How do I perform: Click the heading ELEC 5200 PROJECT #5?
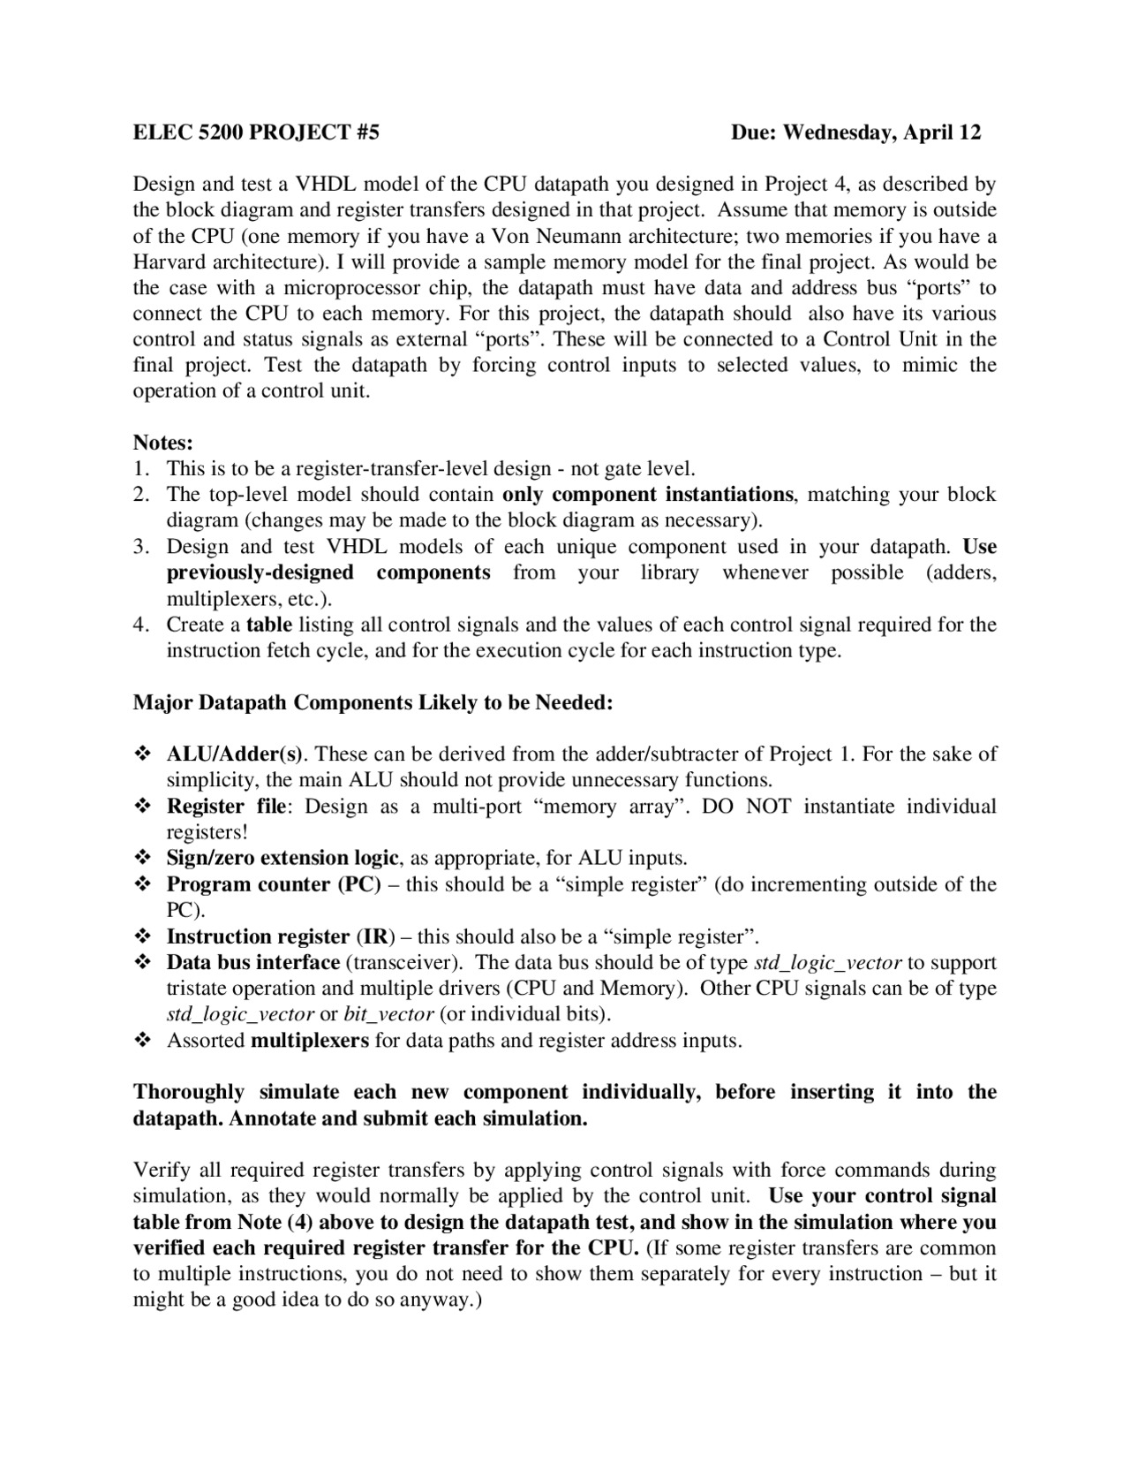point(256,133)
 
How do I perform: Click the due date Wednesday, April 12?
point(855,133)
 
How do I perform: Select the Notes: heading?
point(163,442)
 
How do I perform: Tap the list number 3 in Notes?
point(140,547)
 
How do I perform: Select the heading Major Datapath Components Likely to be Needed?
point(373,702)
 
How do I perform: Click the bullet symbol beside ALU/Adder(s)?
point(141,754)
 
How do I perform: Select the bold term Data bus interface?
point(253,962)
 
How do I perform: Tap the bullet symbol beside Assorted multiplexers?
point(141,1041)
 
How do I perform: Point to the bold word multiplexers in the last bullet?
point(310,1041)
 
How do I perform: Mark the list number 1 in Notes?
point(140,468)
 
